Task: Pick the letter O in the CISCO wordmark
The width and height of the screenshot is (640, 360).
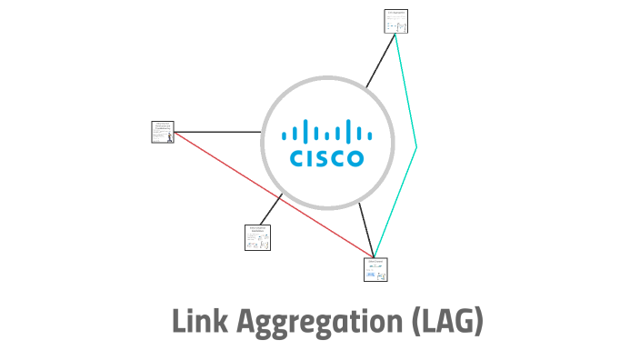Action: [x=354, y=158]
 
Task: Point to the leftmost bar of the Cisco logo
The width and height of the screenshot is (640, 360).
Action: [x=285, y=135]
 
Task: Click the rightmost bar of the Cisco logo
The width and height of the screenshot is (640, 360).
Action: [x=369, y=135]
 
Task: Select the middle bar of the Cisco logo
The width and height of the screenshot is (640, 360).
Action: [x=327, y=128]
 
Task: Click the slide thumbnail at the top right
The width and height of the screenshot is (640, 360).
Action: [x=396, y=21]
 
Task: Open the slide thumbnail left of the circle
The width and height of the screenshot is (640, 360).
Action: [x=163, y=133]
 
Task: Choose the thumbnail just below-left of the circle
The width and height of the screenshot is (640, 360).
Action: [x=257, y=237]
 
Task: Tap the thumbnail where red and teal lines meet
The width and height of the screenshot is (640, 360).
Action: [x=375, y=269]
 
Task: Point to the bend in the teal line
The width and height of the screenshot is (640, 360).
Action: [x=416, y=145]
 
